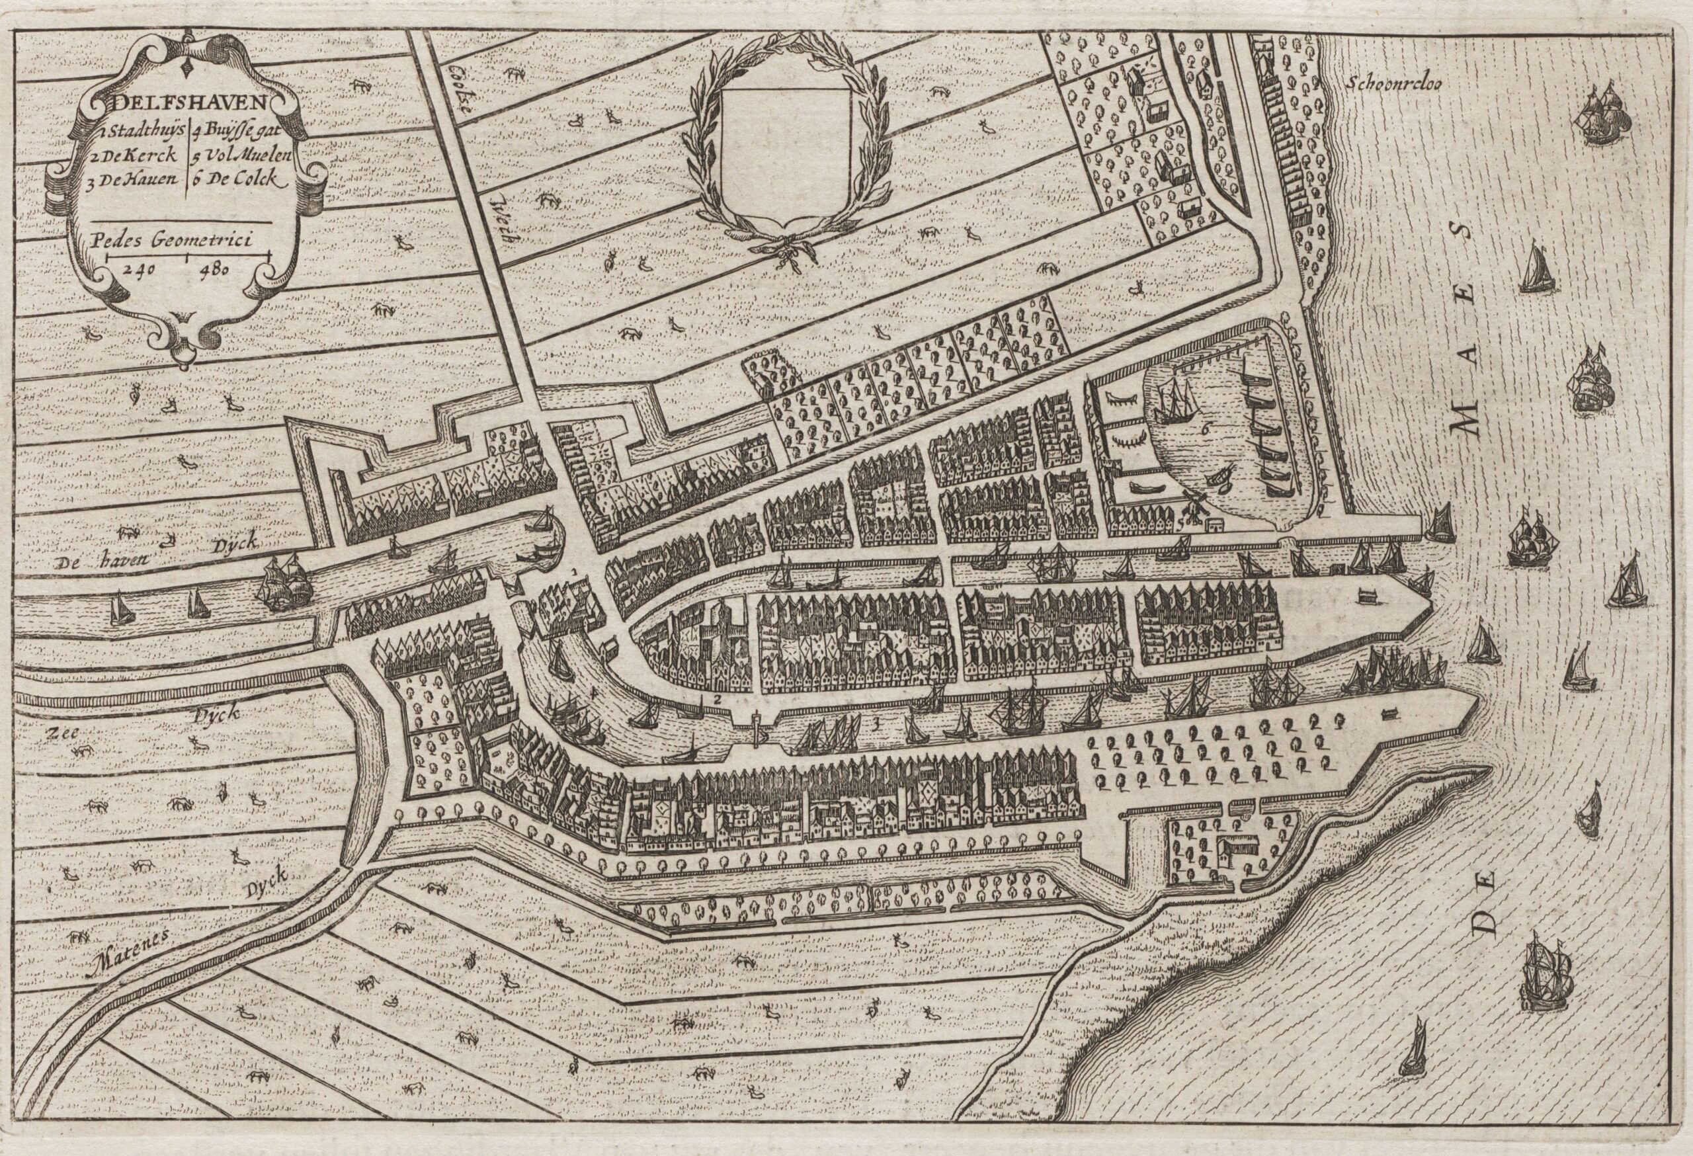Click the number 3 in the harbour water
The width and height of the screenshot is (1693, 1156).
(876, 724)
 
